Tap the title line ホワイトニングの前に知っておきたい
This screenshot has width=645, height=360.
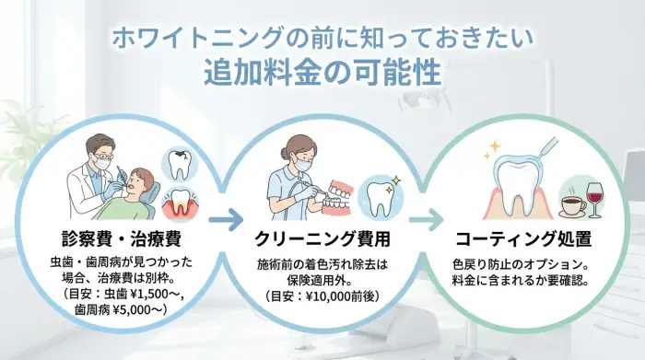(x=322, y=39)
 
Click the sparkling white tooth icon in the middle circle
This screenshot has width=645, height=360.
(x=379, y=196)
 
